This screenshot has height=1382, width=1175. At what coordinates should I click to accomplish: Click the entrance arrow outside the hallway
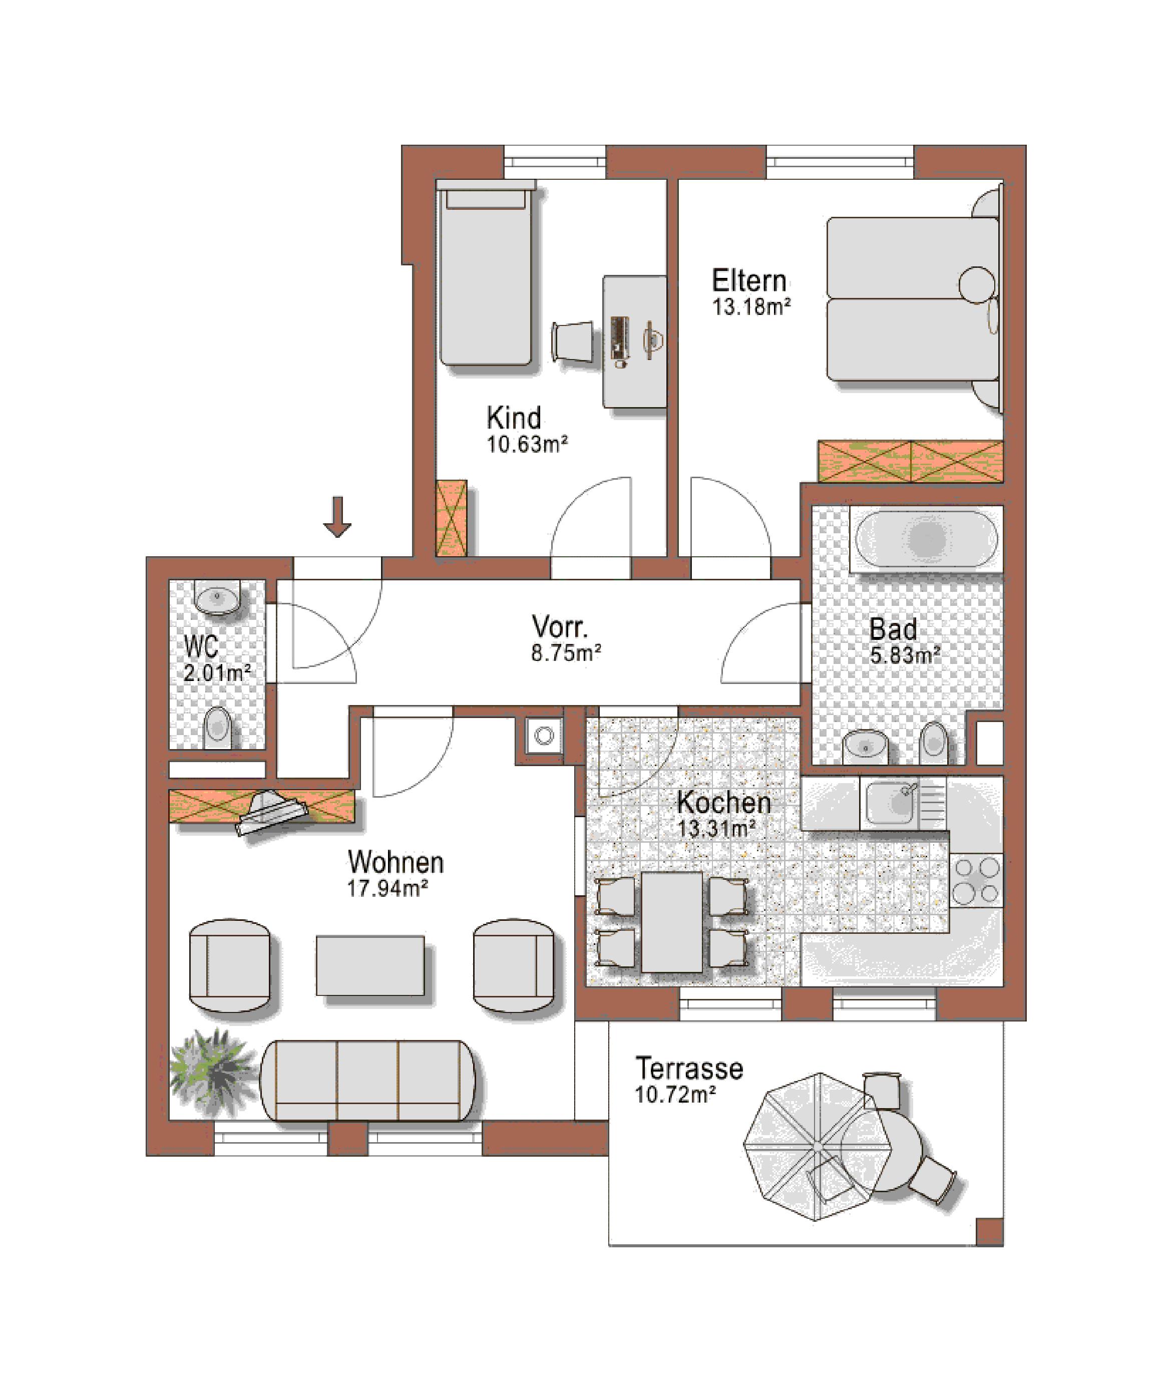[x=338, y=516]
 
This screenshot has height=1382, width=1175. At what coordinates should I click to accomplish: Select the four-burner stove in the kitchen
[x=976, y=880]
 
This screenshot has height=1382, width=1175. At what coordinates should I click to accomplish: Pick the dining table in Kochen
[x=671, y=921]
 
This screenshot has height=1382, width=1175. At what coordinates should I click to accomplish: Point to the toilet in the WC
[x=216, y=728]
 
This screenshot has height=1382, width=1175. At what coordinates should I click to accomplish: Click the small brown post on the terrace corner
[x=989, y=1231]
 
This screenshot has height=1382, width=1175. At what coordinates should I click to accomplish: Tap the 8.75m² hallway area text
[x=566, y=653]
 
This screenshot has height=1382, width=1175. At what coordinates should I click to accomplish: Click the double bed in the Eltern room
[x=913, y=298]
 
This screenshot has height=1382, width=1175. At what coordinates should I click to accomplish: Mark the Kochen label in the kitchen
[x=724, y=802]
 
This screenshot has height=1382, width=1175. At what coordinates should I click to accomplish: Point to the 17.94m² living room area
[x=387, y=888]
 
